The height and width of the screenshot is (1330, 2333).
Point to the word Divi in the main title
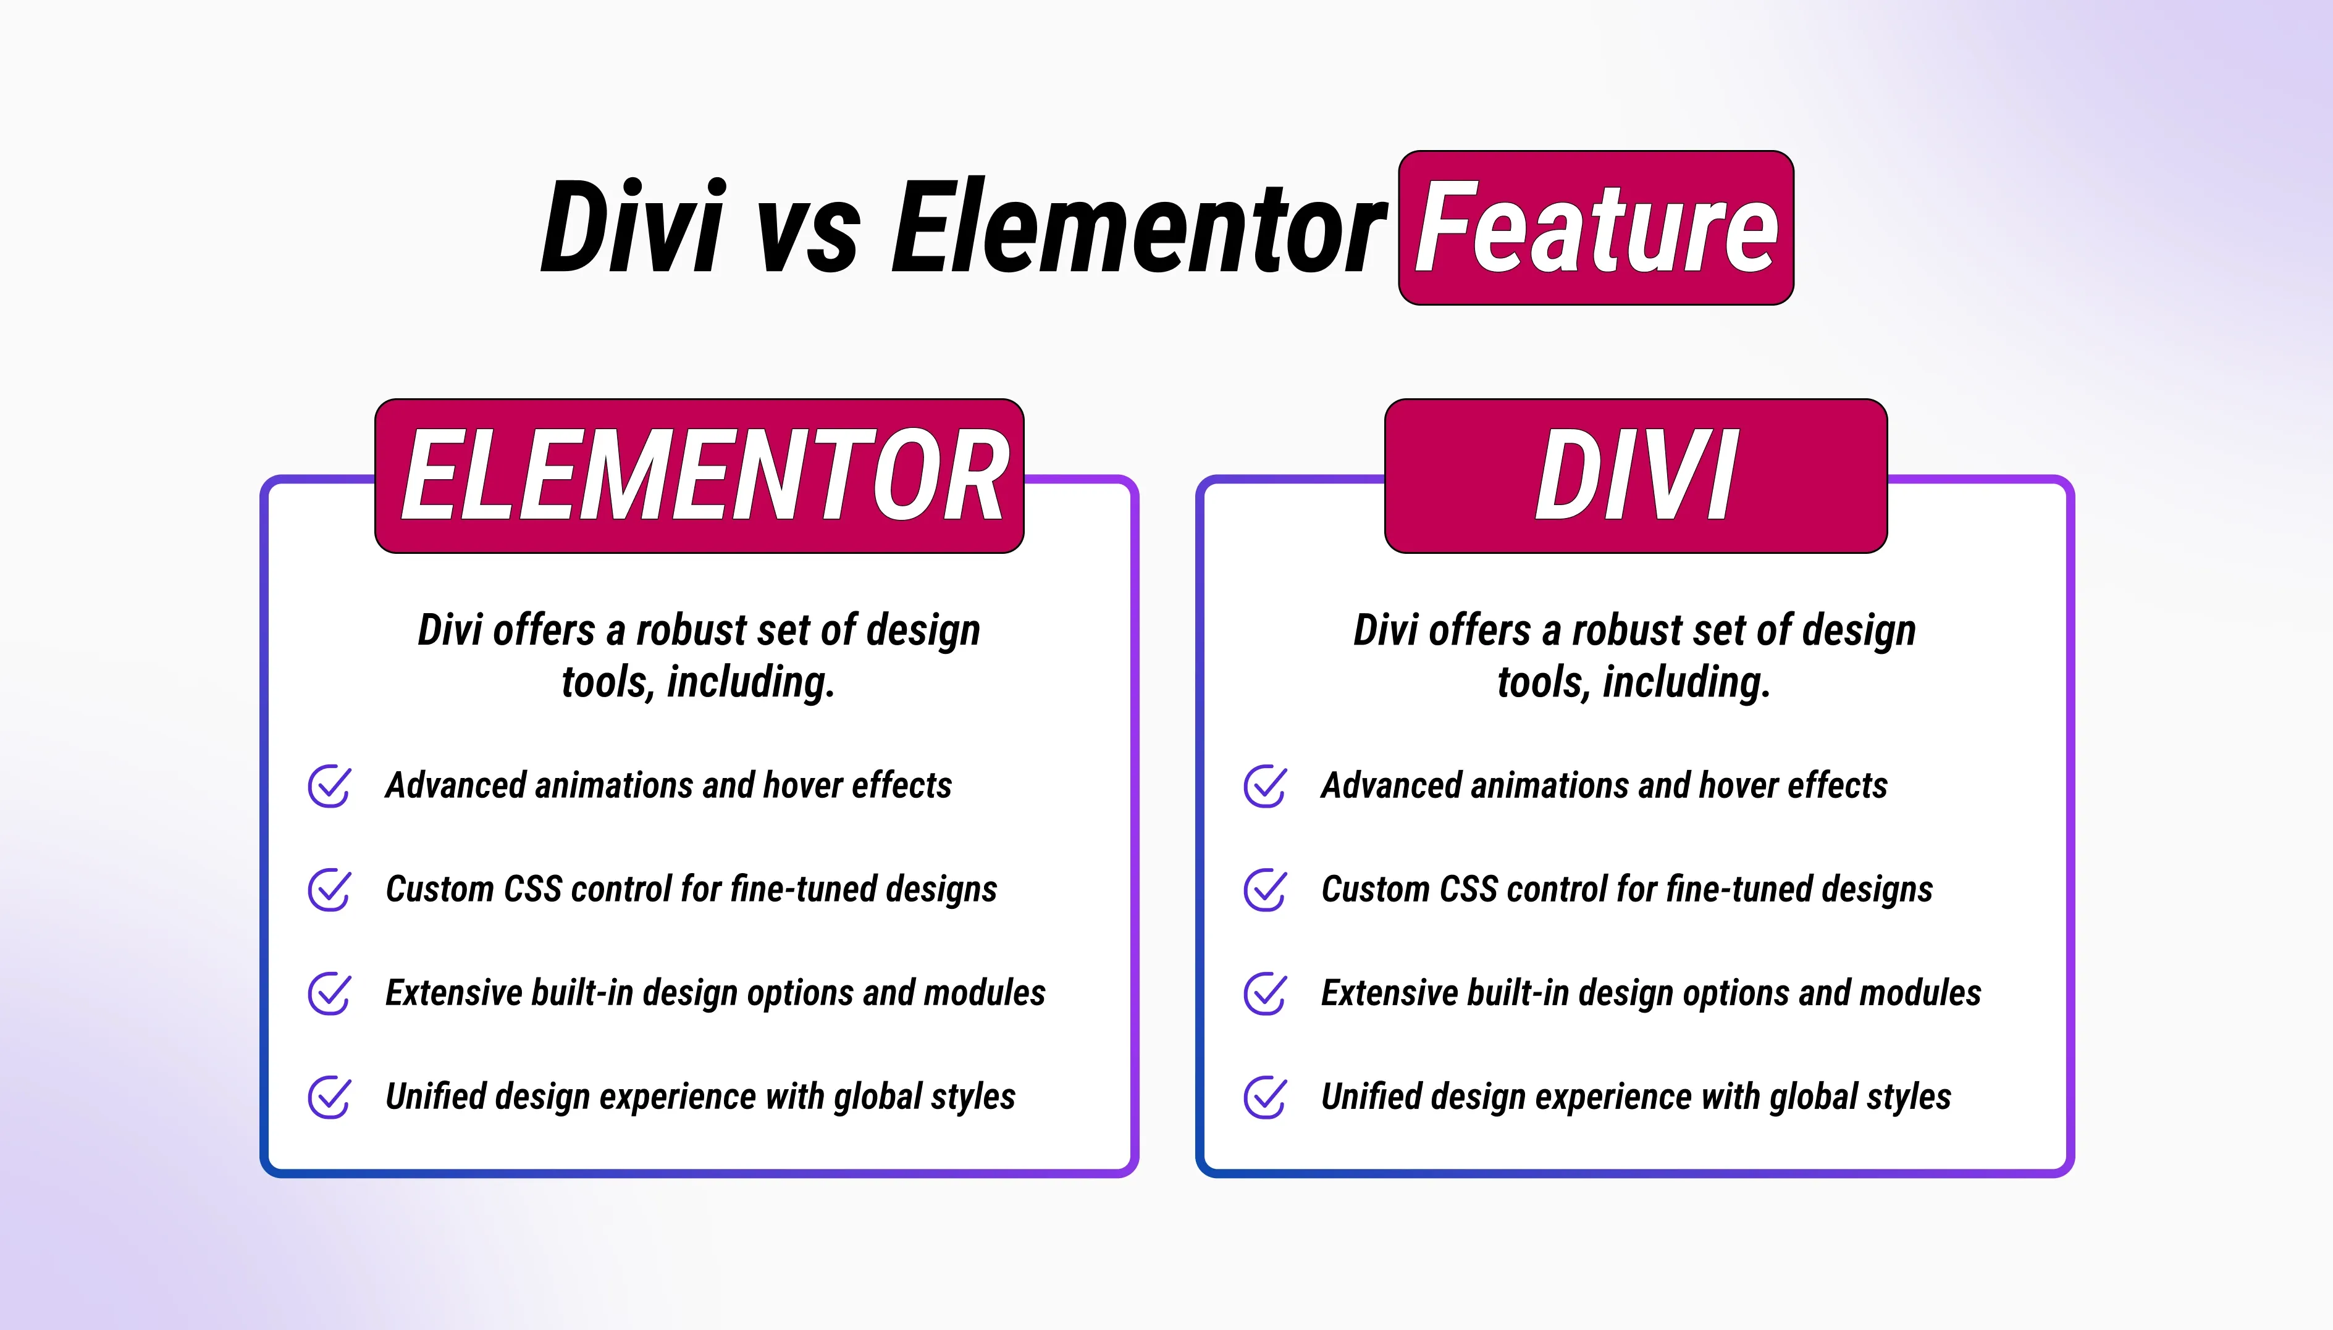[633, 227]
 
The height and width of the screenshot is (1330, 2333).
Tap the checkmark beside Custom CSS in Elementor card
[329, 890]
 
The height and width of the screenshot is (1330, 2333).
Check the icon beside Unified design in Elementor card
[329, 1097]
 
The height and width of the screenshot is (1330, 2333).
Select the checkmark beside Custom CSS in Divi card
[1265, 890]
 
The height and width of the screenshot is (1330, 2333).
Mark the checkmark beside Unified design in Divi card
[1265, 1097]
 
